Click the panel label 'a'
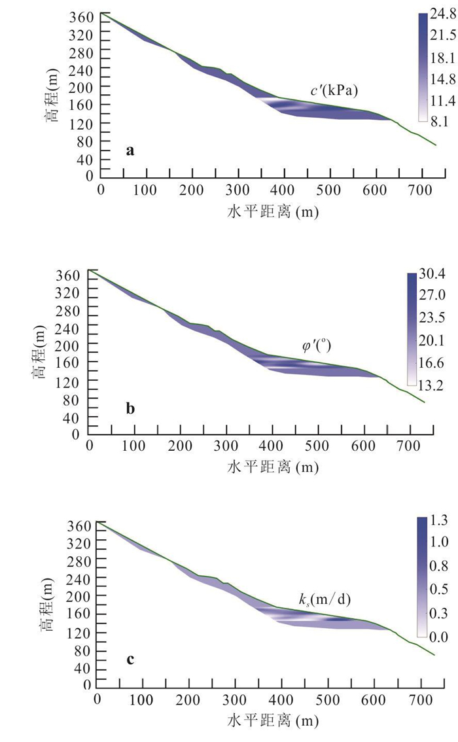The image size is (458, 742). (x=130, y=152)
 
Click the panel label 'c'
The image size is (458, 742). (x=131, y=660)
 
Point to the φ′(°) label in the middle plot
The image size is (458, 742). (x=315, y=347)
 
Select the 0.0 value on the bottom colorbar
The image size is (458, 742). (x=438, y=635)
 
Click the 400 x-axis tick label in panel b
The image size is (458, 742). (x=272, y=448)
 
